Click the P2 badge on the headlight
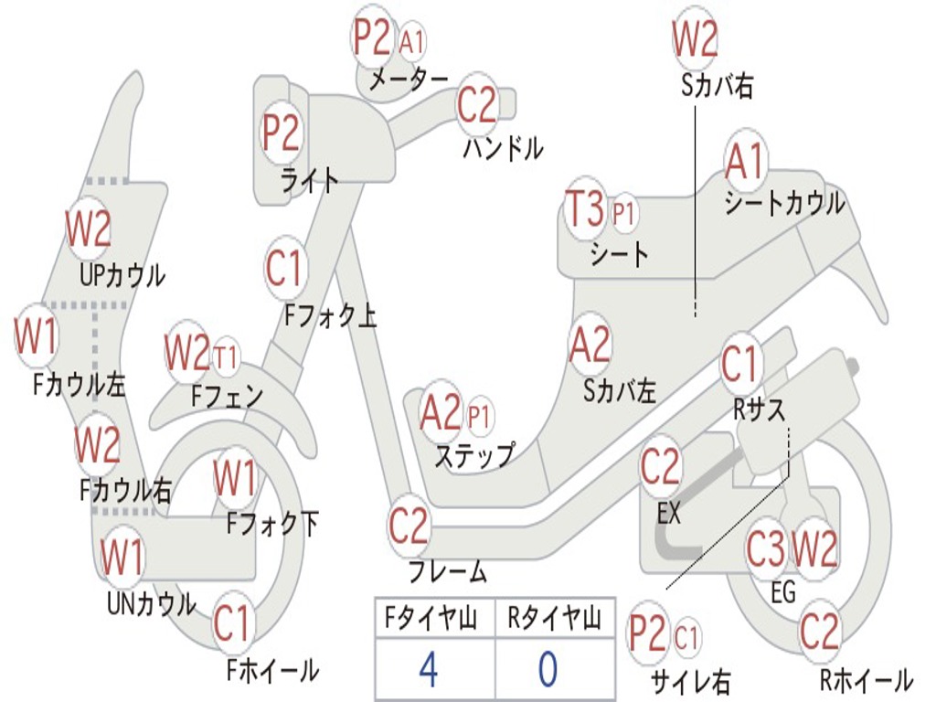(281, 133)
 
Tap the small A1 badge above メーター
(412, 42)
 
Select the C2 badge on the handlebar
(476, 105)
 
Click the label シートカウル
(784, 204)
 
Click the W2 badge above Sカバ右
(695, 38)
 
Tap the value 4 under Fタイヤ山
(429, 668)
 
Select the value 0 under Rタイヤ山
(548, 668)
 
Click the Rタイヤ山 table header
(554, 618)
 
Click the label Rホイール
(867, 680)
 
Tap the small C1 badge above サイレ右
(686, 637)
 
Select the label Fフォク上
(330, 315)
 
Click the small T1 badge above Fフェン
(225, 357)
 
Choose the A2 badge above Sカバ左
(590, 345)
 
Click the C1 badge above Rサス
(740, 364)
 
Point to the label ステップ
(474, 455)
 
